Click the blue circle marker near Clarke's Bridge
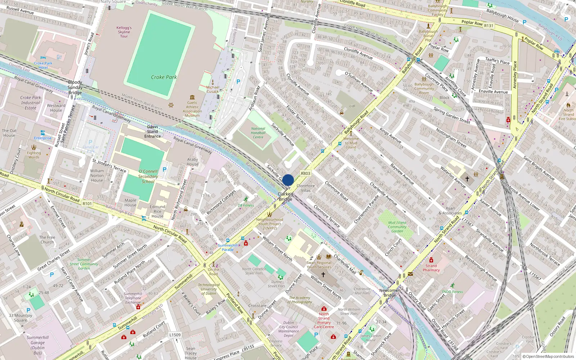[288, 180]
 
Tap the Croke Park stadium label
[164, 77]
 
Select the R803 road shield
[305, 173]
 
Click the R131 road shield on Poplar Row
[489, 26]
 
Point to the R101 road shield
[87, 204]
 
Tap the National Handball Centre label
[258, 133]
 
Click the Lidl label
[352, 106]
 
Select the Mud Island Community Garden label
[397, 227]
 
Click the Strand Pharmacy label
[431, 268]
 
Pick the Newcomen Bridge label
[390, 293]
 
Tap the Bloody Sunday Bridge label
[75, 87]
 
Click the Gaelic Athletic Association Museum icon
[192, 97]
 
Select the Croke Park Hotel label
[43, 65]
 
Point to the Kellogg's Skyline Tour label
[124, 32]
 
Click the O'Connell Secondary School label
[148, 176]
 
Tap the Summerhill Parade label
[228, 247]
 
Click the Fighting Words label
[34, 155]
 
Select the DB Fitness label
[246, 205]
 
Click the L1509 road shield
[175, 335]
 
